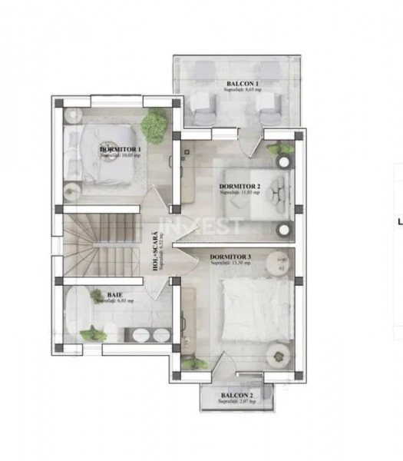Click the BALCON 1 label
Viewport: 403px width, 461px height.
[242, 83]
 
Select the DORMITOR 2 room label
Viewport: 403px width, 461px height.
[239, 187]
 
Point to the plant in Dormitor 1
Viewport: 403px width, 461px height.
[155, 123]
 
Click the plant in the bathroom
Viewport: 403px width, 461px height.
[94, 334]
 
